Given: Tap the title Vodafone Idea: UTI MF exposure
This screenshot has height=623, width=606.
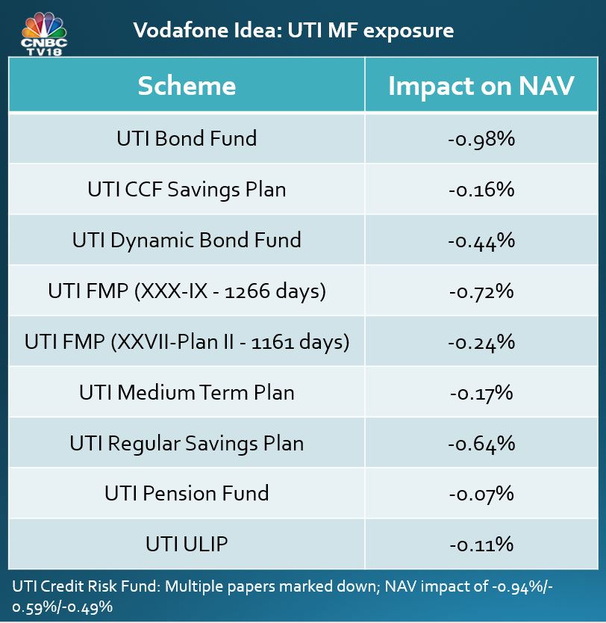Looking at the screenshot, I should (x=293, y=31).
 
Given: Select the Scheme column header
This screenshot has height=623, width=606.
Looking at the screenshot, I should (x=187, y=86).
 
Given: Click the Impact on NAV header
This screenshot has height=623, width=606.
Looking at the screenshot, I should (x=481, y=86).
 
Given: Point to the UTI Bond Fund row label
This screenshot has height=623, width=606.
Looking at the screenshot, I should (x=187, y=138).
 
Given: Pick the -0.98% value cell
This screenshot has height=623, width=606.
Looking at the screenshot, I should (x=481, y=139).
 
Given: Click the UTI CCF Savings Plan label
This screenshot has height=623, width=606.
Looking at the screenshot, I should (x=187, y=189).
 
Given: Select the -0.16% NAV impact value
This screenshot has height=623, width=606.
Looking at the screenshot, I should (x=481, y=190).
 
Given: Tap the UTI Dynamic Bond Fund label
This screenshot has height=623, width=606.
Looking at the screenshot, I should (x=187, y=240).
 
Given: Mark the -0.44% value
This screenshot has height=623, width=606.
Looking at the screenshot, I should (x=481, y=241).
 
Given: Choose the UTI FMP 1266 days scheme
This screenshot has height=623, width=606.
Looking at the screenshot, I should (x=187, y=291).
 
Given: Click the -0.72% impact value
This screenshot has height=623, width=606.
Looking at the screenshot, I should (x=481, y=291).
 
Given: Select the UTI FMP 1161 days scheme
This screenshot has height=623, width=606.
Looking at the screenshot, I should (x=187, y=341).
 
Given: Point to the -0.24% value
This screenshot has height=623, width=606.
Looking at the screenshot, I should (x=481, y=342).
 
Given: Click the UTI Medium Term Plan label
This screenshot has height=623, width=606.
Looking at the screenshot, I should (x=187, y=392).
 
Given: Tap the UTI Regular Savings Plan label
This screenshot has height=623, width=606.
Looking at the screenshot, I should (x=187, y=443).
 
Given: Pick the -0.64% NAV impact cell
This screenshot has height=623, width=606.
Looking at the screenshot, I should (x=481, y=444).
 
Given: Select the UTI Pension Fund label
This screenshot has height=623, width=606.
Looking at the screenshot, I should (x=187, y=493).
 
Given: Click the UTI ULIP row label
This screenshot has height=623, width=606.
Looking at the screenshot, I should (x=187, y=544).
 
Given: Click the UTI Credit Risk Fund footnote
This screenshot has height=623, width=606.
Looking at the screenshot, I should (x=284, y=596).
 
